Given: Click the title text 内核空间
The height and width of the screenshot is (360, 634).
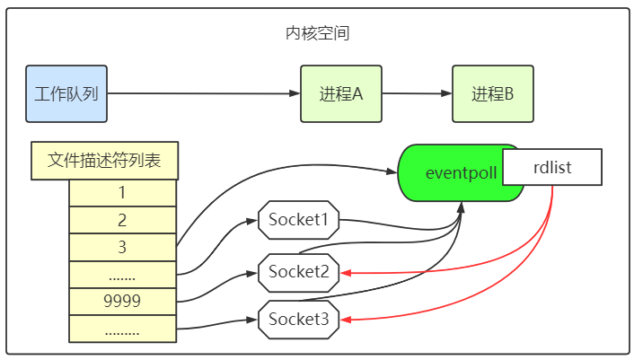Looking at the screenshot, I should coord(317,35).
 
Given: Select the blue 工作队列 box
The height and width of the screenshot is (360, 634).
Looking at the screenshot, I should coord(67,93).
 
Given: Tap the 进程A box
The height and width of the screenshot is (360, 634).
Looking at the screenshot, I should coord(341,93).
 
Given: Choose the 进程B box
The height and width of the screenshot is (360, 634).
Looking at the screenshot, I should coord(493,93).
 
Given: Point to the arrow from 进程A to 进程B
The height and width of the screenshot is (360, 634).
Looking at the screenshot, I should coord(418,93).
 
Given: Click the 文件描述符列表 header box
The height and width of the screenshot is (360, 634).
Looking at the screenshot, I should coord(104,161).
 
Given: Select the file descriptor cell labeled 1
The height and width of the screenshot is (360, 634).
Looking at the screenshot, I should coord(122,192).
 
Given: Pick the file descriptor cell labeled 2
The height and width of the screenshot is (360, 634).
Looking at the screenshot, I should coord(122,219).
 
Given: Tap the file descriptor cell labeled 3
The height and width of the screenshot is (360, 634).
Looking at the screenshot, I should coord(122,247).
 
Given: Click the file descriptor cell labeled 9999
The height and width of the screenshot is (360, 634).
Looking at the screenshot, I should coord(122,301).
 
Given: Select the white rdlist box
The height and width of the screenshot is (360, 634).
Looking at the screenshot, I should coord(551,167).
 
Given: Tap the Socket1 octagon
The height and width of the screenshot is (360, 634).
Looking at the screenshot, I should coord(299,218).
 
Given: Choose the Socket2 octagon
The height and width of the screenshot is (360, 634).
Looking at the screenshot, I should coord(299,270).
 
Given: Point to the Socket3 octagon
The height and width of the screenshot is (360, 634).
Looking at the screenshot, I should coord(299,318).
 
